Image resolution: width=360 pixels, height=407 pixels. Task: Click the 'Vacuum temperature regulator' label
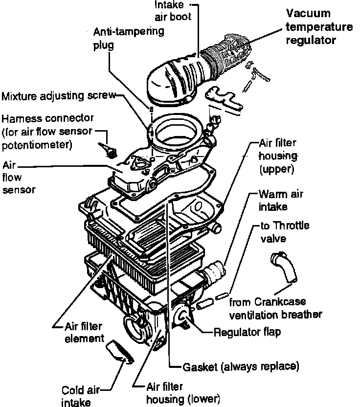point(318,27)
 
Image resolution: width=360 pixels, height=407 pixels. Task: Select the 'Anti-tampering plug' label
point(129,38)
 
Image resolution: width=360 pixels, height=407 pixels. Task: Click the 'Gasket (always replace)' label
point(240,365)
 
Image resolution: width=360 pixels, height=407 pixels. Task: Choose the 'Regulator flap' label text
point(247,333)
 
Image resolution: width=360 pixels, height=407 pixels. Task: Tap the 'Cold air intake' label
point(80,396)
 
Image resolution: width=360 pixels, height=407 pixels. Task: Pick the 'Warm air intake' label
point(280,201)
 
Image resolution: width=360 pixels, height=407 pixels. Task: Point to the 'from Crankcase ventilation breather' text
point(275,308)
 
